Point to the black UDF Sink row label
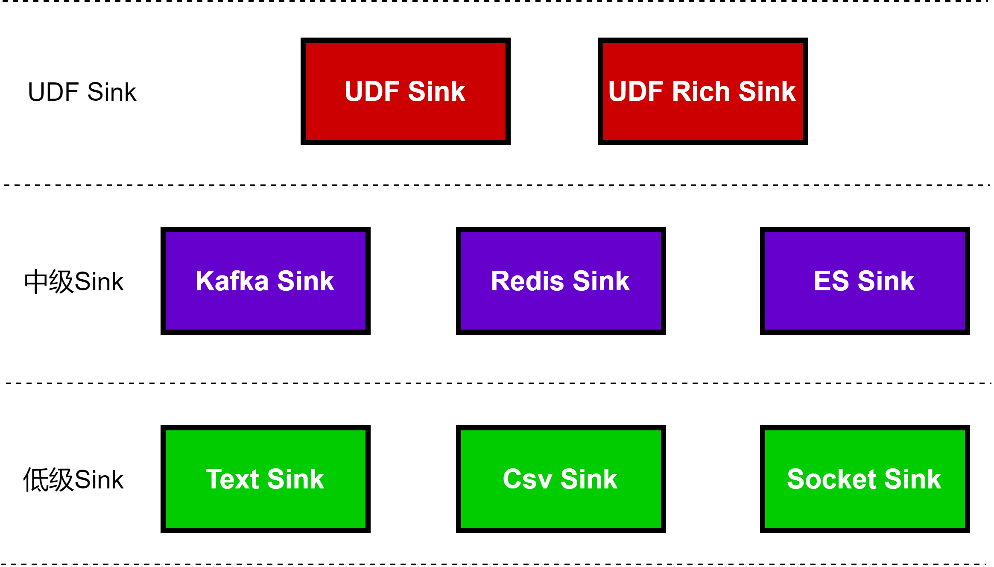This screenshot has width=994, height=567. pos(82,92)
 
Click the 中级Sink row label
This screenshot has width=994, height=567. pos(74,281)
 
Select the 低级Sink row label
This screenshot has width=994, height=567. pos(73,479)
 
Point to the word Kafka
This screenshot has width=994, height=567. pos(232,281)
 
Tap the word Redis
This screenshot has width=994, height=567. pos(528,281)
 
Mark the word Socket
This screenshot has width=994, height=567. pos(832,479)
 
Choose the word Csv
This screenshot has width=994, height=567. pos(528,479)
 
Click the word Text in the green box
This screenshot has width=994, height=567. pos(233,479)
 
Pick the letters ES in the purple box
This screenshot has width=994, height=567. pos(831,281)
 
